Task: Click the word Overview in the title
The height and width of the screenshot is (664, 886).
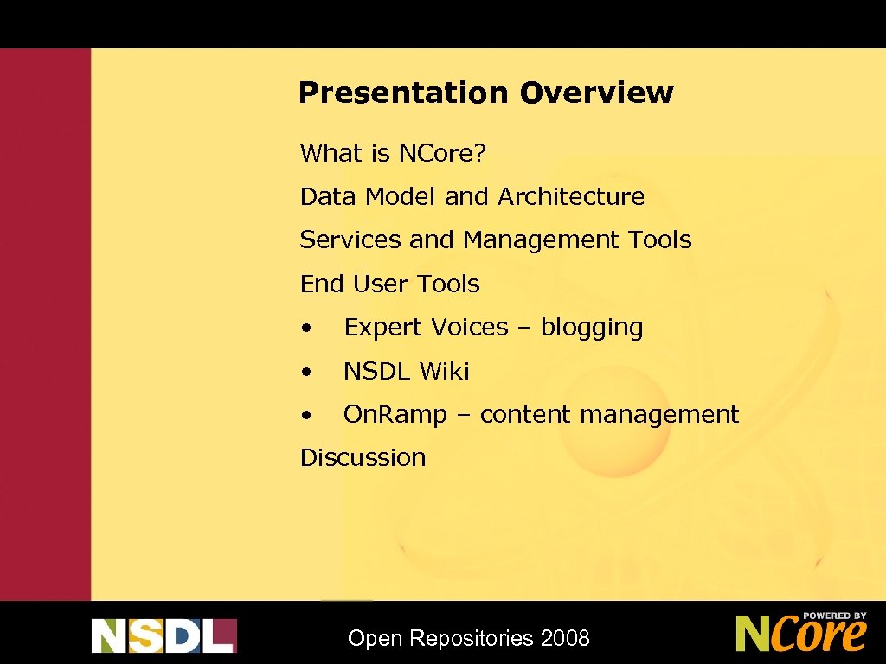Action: pos(596,93)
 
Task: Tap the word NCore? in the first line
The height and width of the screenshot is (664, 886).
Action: pos(442,154)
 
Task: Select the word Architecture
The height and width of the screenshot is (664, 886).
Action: pos(571,197)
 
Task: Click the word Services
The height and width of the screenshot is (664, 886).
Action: pos(350,240)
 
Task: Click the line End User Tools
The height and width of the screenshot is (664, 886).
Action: pos(389,284)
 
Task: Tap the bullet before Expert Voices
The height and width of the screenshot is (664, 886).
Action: pos(306,329)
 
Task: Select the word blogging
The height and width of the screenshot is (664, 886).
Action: pos(592,329)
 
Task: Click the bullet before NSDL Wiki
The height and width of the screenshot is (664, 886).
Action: pos(306,372)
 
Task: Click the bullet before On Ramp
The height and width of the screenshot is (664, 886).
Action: pos(306,416)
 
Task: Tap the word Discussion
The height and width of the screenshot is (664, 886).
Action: pos(363,457)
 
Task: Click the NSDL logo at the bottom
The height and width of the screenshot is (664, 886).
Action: pos(164,635)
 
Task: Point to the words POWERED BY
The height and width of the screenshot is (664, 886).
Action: pos(834,616)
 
